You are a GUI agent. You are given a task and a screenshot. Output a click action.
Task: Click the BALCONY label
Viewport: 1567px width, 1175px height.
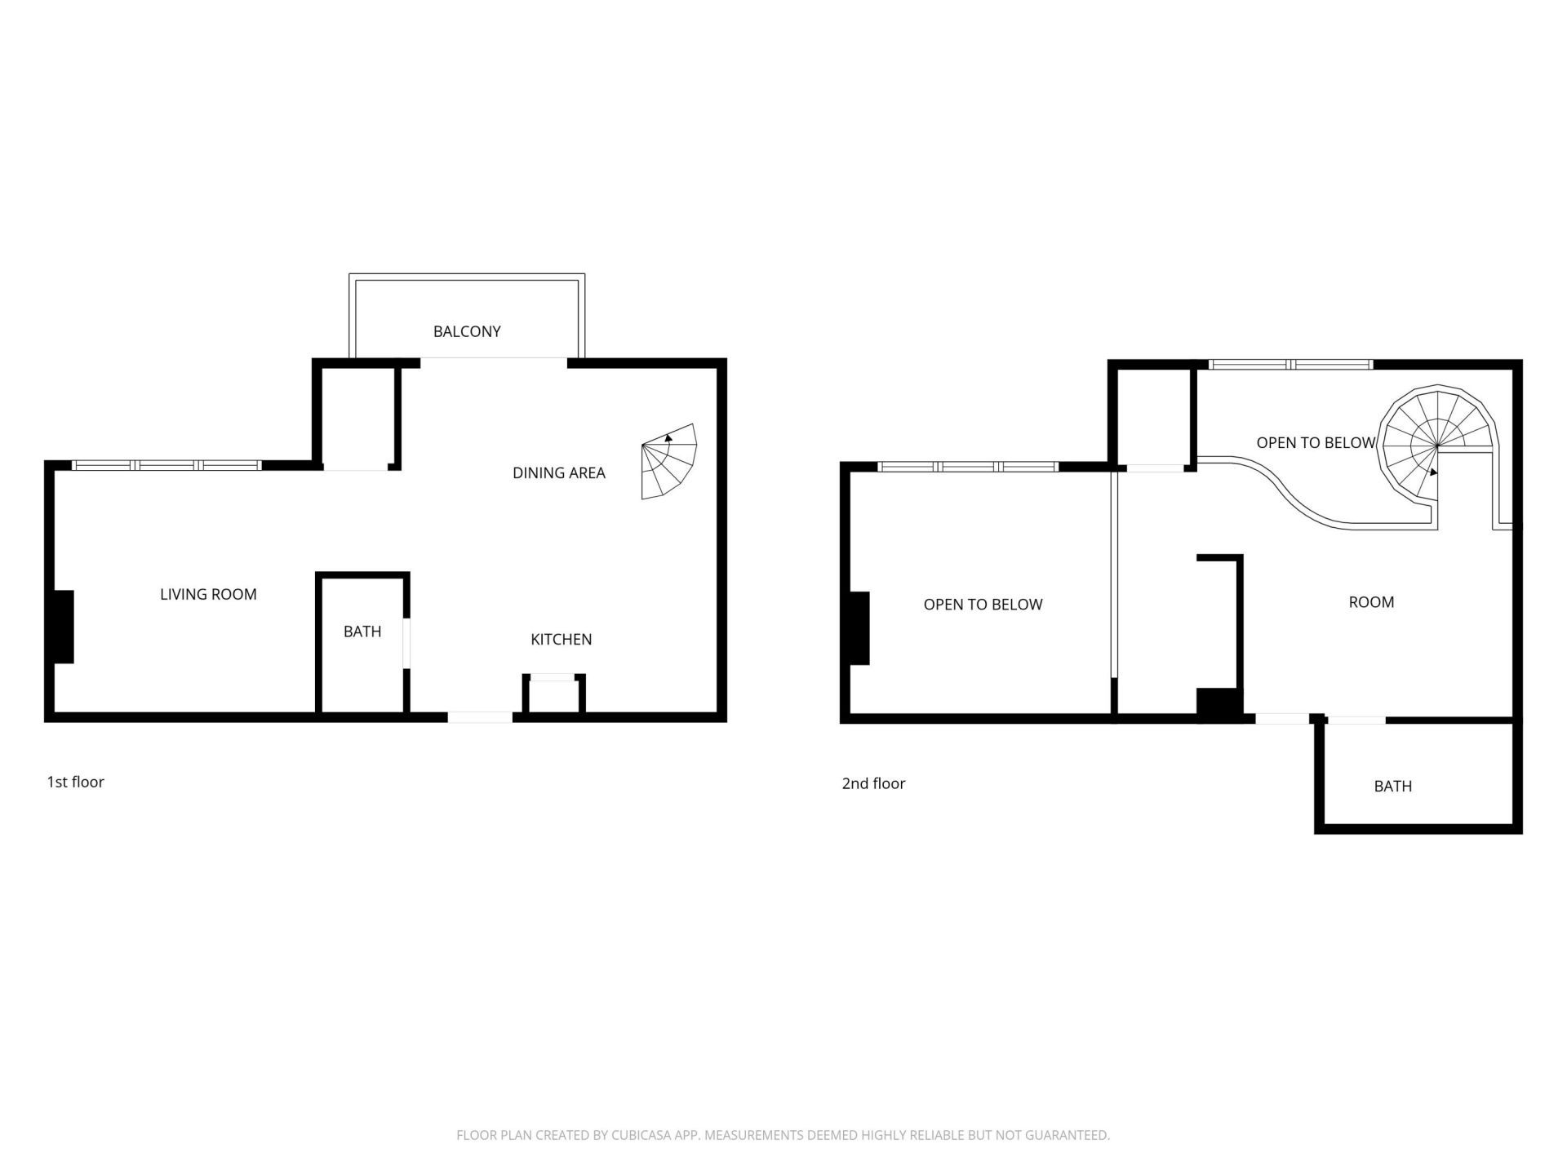tap(466, 331)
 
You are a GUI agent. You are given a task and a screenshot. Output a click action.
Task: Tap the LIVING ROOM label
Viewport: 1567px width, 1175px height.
tap(208, 594)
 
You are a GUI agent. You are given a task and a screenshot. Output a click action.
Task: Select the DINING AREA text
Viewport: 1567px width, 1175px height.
tap(558, 472)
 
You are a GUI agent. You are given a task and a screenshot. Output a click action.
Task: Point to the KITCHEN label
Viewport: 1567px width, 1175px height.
tap(561, 639)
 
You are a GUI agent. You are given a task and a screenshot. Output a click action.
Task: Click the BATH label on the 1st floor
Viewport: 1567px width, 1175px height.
tap(362, 631)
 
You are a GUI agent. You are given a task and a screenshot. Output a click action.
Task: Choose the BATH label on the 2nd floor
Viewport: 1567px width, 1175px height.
tap(1392, 786)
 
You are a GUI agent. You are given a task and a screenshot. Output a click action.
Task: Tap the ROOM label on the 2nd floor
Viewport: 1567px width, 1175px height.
tap(1370, 602)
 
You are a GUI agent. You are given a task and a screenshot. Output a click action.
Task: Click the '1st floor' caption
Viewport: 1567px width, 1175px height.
tap(75, 782)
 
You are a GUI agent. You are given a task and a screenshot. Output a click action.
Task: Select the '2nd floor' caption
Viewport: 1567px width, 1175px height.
tap(873, 783)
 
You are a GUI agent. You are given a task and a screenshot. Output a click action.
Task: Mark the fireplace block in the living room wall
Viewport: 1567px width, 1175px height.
tap(64, 627)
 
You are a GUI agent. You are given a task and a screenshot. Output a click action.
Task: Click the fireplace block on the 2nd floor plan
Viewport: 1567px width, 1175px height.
tap(859, 628)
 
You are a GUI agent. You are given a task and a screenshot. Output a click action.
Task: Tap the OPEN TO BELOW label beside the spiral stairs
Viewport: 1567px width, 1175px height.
tap(1315, 442)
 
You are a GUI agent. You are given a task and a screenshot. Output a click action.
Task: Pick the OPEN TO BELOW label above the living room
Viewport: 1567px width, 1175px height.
tap(983, 605)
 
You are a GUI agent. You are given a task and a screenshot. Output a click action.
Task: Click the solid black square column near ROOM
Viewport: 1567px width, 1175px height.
tap(1219, 704)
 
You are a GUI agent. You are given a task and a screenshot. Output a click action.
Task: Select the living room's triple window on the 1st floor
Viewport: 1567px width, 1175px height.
tap(166, 465)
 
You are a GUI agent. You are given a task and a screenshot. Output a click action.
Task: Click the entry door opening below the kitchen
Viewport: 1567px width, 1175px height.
tap(480, 717)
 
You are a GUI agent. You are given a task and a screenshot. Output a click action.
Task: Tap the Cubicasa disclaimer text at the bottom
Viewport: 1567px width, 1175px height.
tap(783, 1135)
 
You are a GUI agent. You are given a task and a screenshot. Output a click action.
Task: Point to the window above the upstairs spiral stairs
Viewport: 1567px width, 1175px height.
tap(1290, 365)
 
